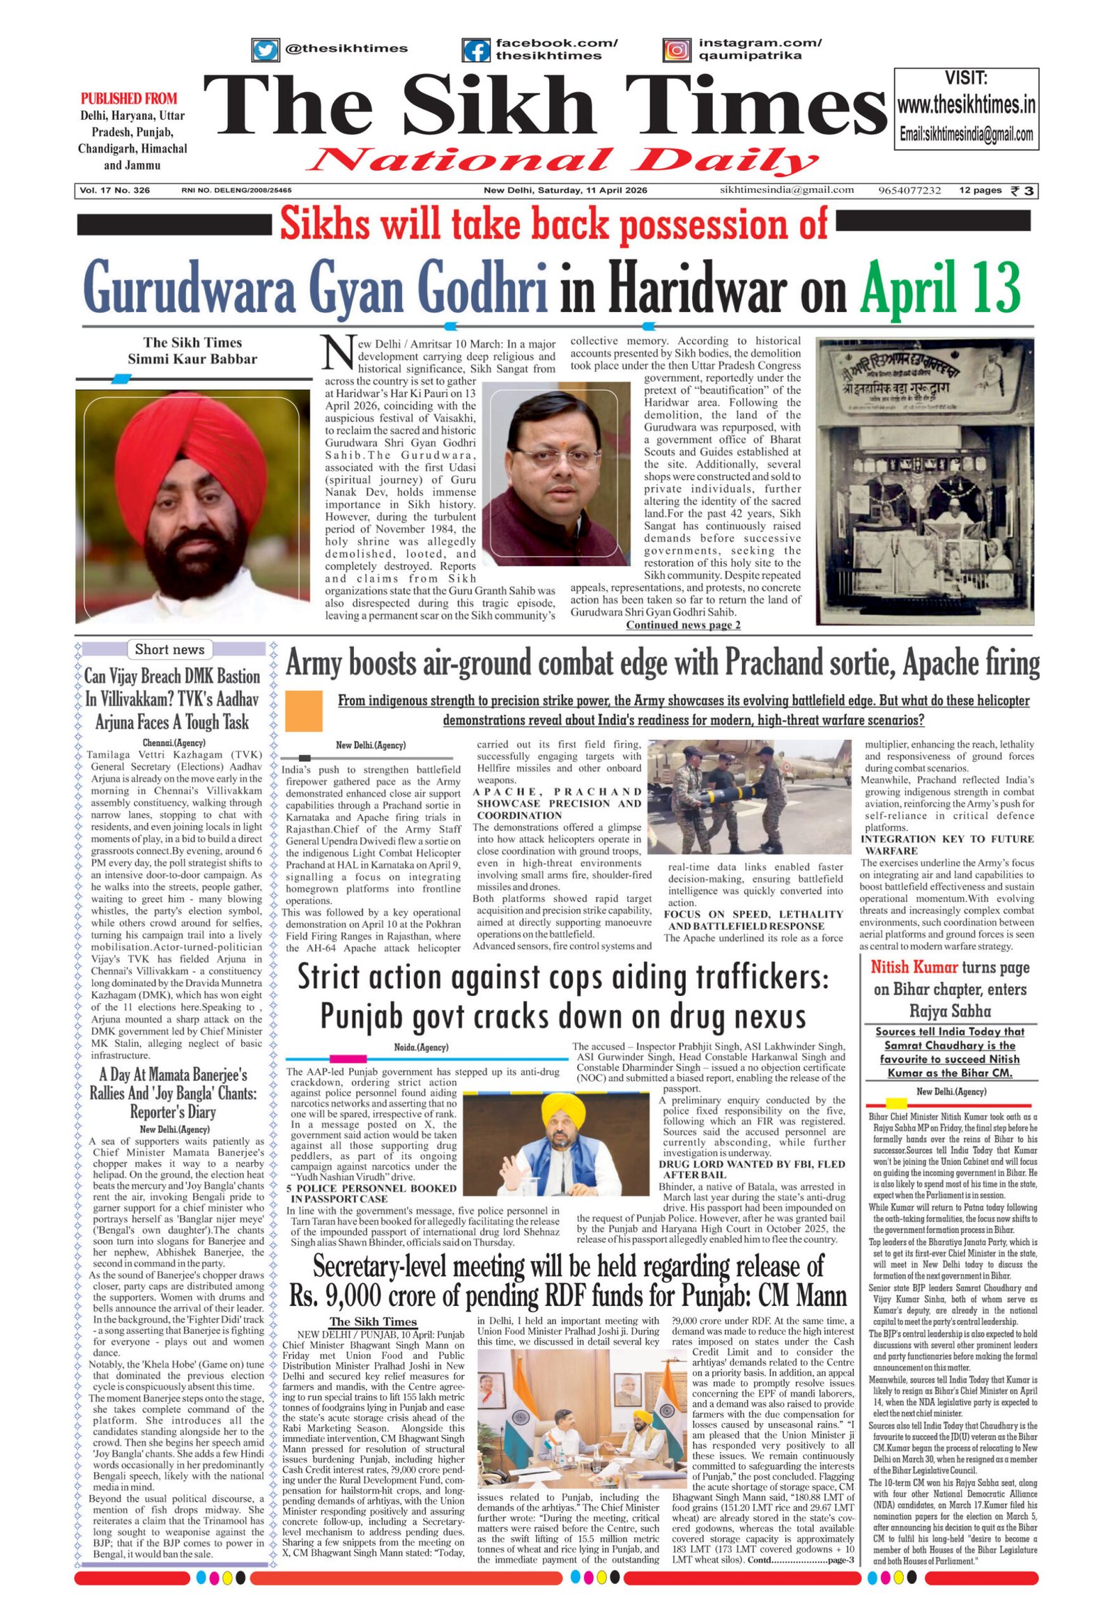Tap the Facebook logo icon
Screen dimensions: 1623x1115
477,50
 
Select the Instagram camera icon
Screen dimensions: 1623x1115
676,50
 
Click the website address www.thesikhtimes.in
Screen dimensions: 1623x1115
966,106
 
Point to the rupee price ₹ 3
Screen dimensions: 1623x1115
1023,191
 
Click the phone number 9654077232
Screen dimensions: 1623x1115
909,191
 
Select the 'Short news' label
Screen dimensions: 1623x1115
169,649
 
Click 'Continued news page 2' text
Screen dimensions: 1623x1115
682,625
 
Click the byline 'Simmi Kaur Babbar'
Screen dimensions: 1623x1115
192,359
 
